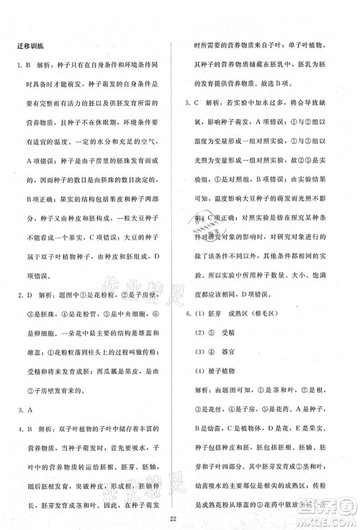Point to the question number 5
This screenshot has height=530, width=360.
point(189,104)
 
